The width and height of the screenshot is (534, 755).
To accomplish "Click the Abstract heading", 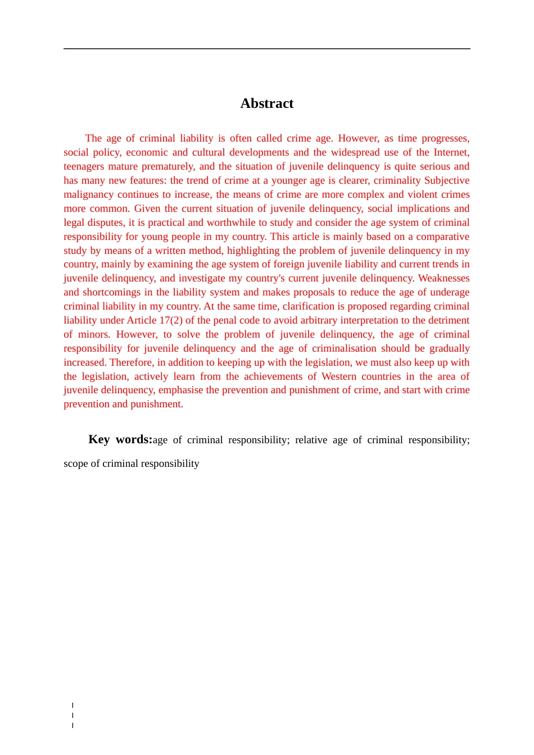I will pos(266,103).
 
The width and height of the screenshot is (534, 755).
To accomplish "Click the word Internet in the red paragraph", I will pos(451,152).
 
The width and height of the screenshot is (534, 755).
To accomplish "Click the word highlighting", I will pos(253,251).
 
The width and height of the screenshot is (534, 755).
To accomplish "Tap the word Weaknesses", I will pos(444,278).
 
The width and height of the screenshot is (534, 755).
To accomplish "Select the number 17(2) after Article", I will pos(171,320).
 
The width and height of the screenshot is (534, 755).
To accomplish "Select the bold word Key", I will pos(99,439).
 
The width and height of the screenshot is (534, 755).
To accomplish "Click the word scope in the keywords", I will pos(75,463).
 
